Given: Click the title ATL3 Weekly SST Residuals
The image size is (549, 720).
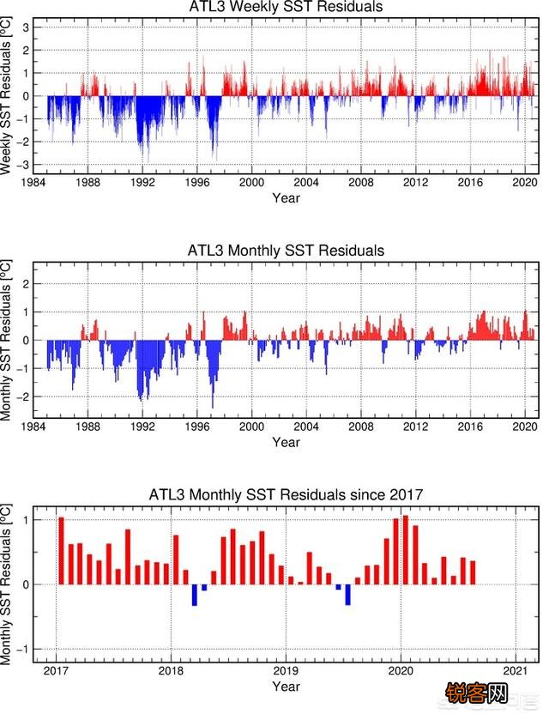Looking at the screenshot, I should [x=286, y=8].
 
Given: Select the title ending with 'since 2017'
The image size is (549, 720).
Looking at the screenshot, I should [x=286, y=494].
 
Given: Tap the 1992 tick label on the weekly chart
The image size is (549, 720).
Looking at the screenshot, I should [x=142, y=183].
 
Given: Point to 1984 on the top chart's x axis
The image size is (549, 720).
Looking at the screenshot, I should [x=33, y=183].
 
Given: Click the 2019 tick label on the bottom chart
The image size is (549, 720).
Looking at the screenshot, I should [x=286, y=670].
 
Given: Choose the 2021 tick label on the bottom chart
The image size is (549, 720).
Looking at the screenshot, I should [x=515, y=670].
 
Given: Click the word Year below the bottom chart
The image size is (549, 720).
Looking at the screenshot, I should [x=286, y=687].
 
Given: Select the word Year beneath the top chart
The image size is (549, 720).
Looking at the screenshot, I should [x=286, y=198].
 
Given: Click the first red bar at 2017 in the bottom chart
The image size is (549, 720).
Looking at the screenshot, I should [x=61, y=551].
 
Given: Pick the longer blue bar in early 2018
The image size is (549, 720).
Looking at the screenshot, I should [x=195, y=595].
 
